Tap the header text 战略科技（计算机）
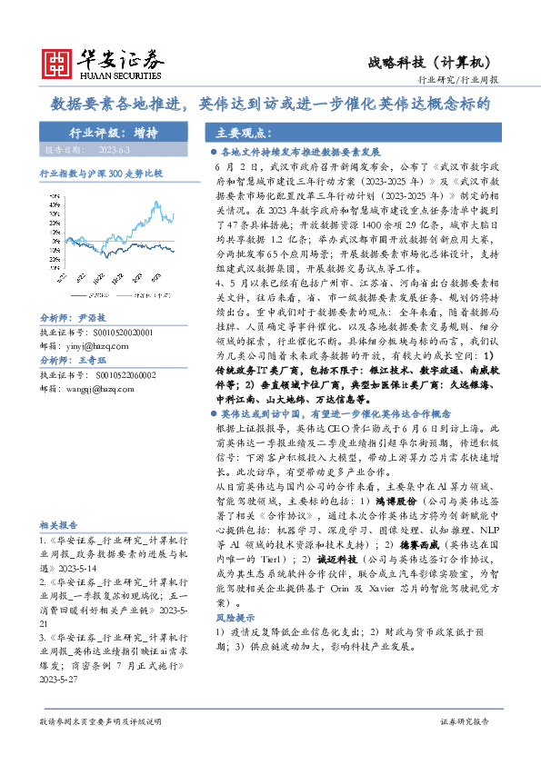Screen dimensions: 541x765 tap(429, 63)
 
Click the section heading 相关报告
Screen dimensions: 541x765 tap(58, 525)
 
